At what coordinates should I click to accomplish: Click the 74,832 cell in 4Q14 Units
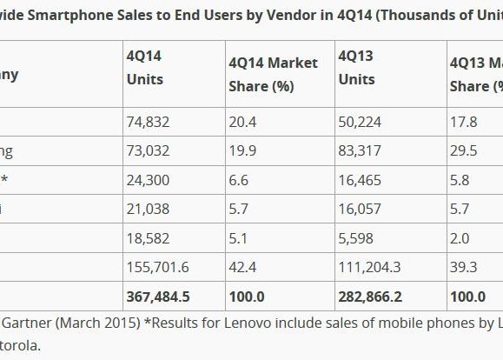[149, 122]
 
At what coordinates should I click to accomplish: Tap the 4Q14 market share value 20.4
[243, 122]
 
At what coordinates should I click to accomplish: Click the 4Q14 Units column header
[145, 67]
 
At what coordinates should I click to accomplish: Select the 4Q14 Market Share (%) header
[273, 74]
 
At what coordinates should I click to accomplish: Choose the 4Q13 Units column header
[356, 67]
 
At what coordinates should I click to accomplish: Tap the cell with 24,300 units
[149, 180]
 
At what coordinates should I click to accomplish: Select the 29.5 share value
[464, 150]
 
